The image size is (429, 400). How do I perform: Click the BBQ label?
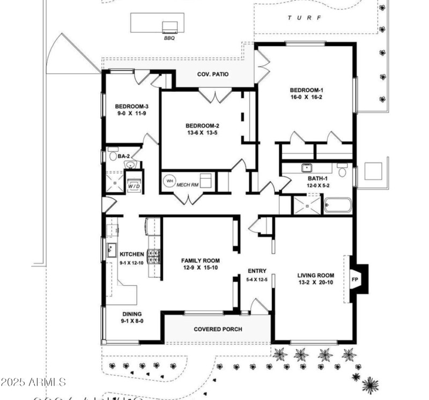[x=169, y=38]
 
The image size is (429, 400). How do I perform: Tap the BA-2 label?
[x=124, y=156]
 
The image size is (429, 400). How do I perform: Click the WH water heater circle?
[x=170, y=181]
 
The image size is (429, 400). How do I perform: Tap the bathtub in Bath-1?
[x=338, y=206]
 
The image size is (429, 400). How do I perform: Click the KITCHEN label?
[x=132, y=254]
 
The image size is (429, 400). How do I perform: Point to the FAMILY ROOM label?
[x=200, y=261]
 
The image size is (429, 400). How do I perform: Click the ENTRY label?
[x=257, y=271]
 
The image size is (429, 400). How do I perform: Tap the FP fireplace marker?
[x=354, y=279]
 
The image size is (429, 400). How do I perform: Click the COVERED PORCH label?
[x=218, y=329]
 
